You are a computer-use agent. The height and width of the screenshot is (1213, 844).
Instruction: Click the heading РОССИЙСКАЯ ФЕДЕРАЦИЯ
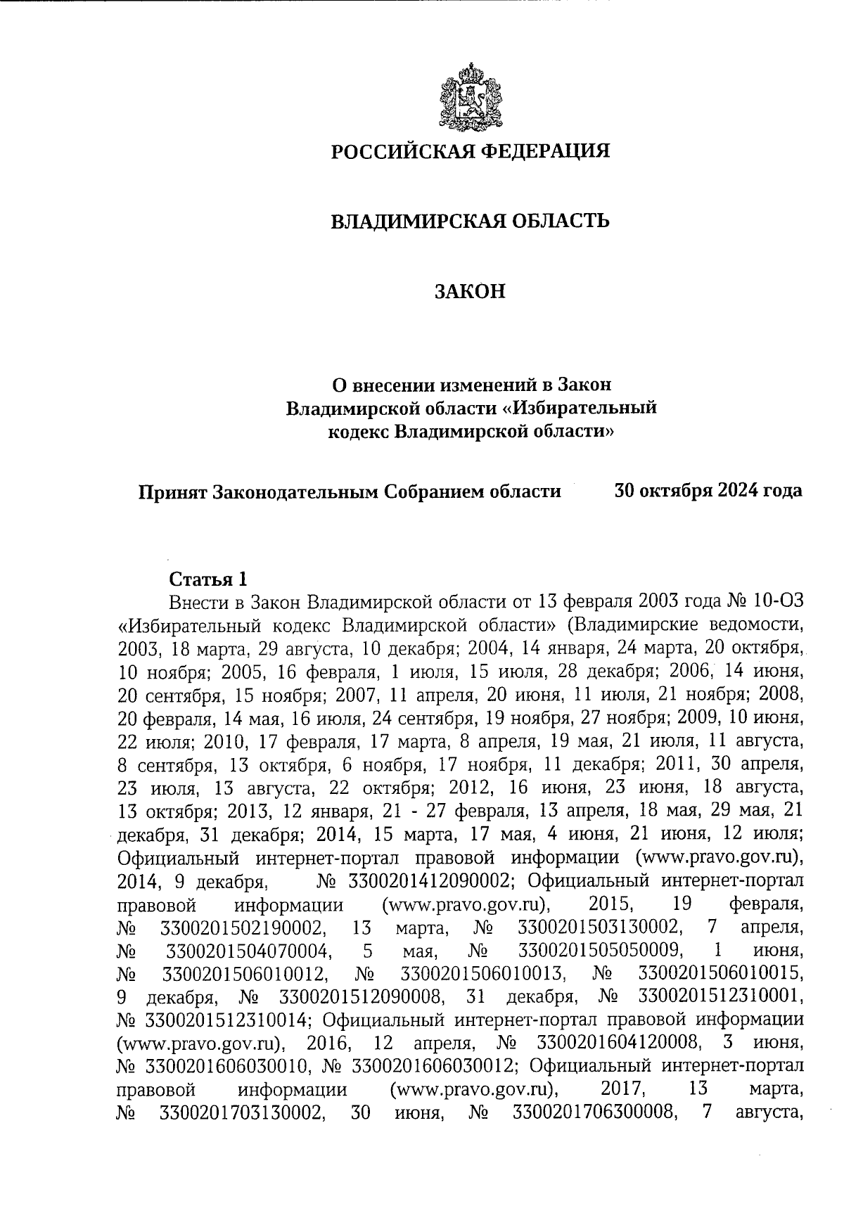coord(471,151)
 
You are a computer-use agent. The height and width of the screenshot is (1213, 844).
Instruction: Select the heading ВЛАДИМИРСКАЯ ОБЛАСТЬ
coord(470,222)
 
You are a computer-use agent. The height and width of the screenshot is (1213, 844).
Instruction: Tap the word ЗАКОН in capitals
coord(470,292)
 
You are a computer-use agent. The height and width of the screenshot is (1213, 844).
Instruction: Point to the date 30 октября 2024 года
coord(708,490)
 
